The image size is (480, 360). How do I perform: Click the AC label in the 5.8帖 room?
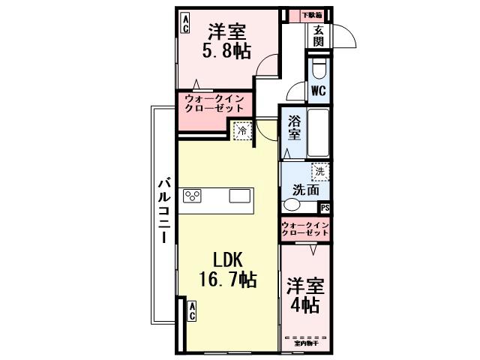coord(184,24)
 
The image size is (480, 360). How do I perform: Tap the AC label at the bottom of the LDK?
coord(191,311)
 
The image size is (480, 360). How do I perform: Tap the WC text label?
coord(318,91)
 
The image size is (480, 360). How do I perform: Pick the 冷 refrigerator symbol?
coord(241,130)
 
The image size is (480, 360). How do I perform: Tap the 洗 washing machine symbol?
coord(320,172)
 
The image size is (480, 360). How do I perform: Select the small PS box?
coord(325,208)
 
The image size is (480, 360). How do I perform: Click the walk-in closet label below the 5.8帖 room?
coord(214,103)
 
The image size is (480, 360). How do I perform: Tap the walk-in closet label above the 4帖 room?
coord(305,229)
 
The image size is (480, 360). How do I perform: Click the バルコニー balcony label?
coord(164,209)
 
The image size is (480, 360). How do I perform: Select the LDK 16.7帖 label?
coord(226,270)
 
